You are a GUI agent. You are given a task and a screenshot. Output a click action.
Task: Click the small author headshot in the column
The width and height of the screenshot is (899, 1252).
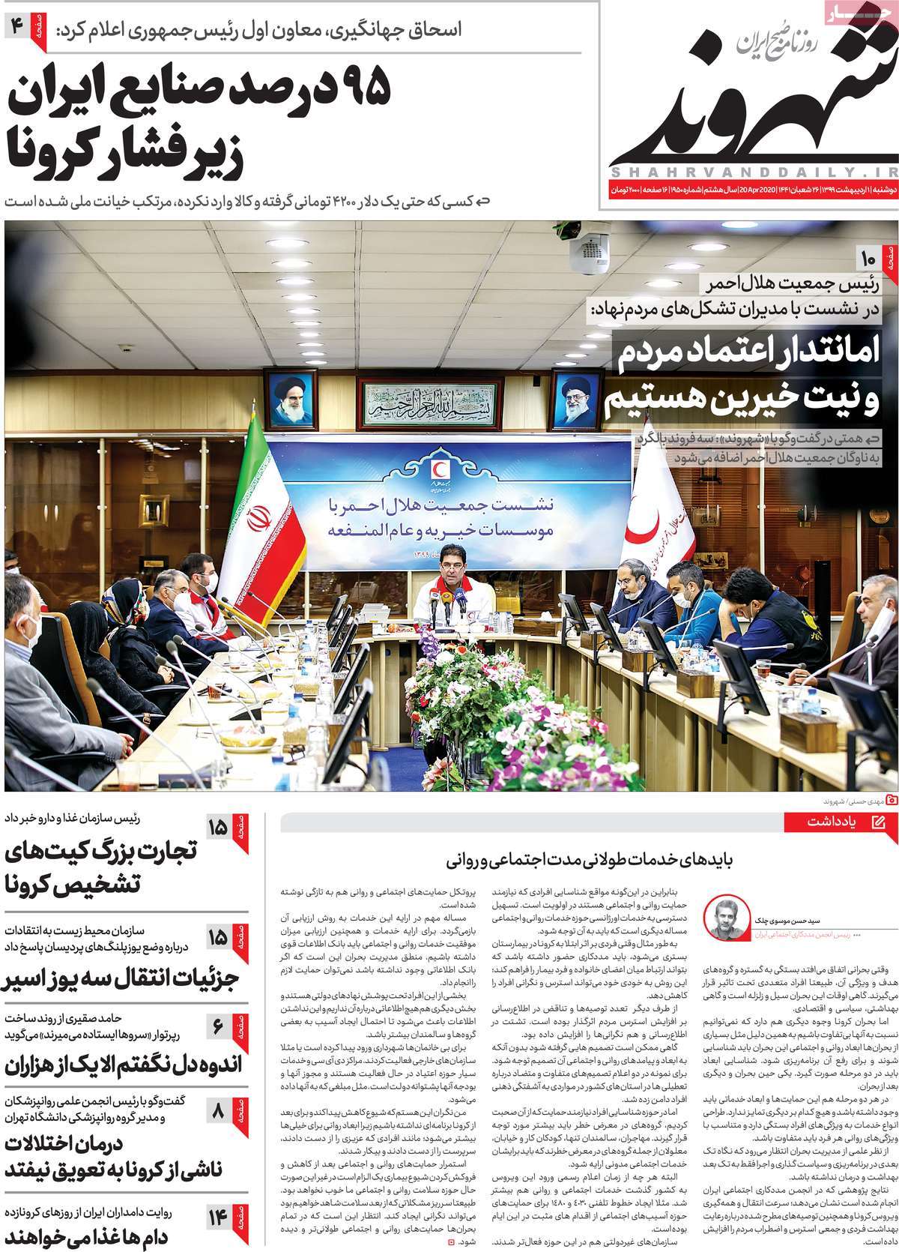point(723,917)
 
